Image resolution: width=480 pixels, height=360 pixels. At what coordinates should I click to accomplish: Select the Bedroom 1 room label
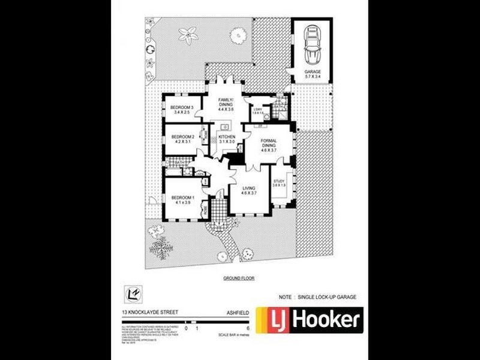click(x=183, y=200)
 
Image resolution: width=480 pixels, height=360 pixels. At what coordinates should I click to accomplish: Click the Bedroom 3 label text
click(x=182, y=110)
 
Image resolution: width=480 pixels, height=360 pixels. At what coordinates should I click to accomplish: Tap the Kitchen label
click(x=226, y=140)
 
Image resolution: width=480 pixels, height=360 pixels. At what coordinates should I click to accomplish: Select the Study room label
click(x=279, y=183)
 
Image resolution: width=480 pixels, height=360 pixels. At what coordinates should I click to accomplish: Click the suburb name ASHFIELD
click(x=235, y=312)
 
